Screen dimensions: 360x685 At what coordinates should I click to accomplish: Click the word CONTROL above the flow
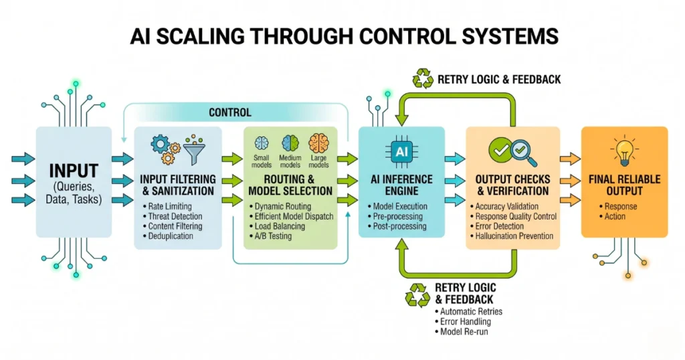point(230,112)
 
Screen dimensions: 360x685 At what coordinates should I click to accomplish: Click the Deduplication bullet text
point(172,236)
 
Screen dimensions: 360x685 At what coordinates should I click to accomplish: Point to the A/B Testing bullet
point(274,236)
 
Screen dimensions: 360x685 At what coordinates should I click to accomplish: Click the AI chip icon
point(401,152)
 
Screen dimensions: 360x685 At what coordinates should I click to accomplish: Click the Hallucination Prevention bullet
point(514,236)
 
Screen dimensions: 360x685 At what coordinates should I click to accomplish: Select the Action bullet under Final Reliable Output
point(615,216)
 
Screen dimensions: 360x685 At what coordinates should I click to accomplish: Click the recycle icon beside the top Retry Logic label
point(423,79)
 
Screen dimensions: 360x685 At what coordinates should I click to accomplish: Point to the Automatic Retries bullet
point(471,311)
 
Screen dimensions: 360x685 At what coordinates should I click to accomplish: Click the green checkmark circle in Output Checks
point(498,148)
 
